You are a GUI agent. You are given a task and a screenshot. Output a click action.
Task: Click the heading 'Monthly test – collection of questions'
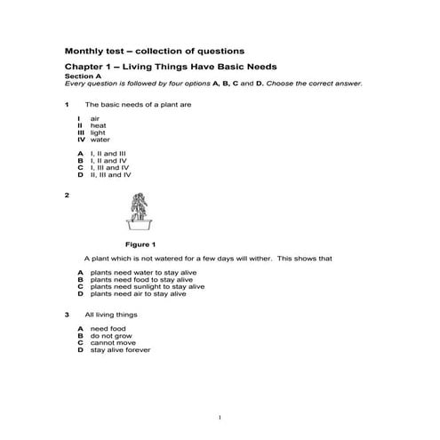pyautogui.click(x=155, y=50)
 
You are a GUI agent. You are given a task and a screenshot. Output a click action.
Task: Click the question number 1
pyautogui.click(x=68, y=105)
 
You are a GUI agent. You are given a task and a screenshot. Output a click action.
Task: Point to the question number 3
pyautogui.click(x=68, y=315)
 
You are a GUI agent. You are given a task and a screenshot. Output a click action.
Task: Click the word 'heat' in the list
pyautogui.click(x=98, y=125)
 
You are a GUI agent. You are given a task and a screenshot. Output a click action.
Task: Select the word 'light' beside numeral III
pyautogui.click(x=98, y=132)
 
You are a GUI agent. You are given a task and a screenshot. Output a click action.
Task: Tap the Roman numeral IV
pyautogui.click(x=81, y=140)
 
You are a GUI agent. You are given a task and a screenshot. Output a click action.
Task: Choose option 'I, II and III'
pyautogui.click(x=108, y=153)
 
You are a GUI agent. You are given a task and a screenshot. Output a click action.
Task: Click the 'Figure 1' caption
pyautogui.click(x=140, y=244)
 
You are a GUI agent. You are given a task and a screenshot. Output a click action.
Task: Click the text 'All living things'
pyautogui.click(x=108, y=315)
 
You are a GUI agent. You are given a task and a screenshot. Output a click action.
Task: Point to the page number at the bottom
pyautogui.click(x=219, y=417)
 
